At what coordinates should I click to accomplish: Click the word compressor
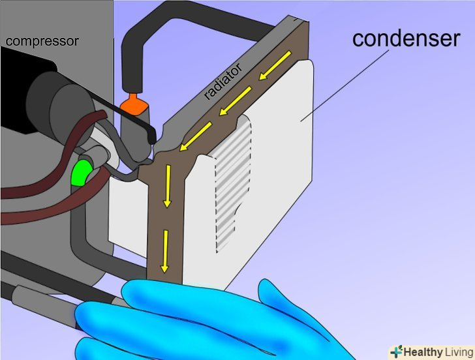click(42, 41)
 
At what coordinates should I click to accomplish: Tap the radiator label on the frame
click(224, 82)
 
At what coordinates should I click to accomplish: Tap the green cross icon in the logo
click(396, 351)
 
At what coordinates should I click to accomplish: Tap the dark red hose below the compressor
click(39, 189)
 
